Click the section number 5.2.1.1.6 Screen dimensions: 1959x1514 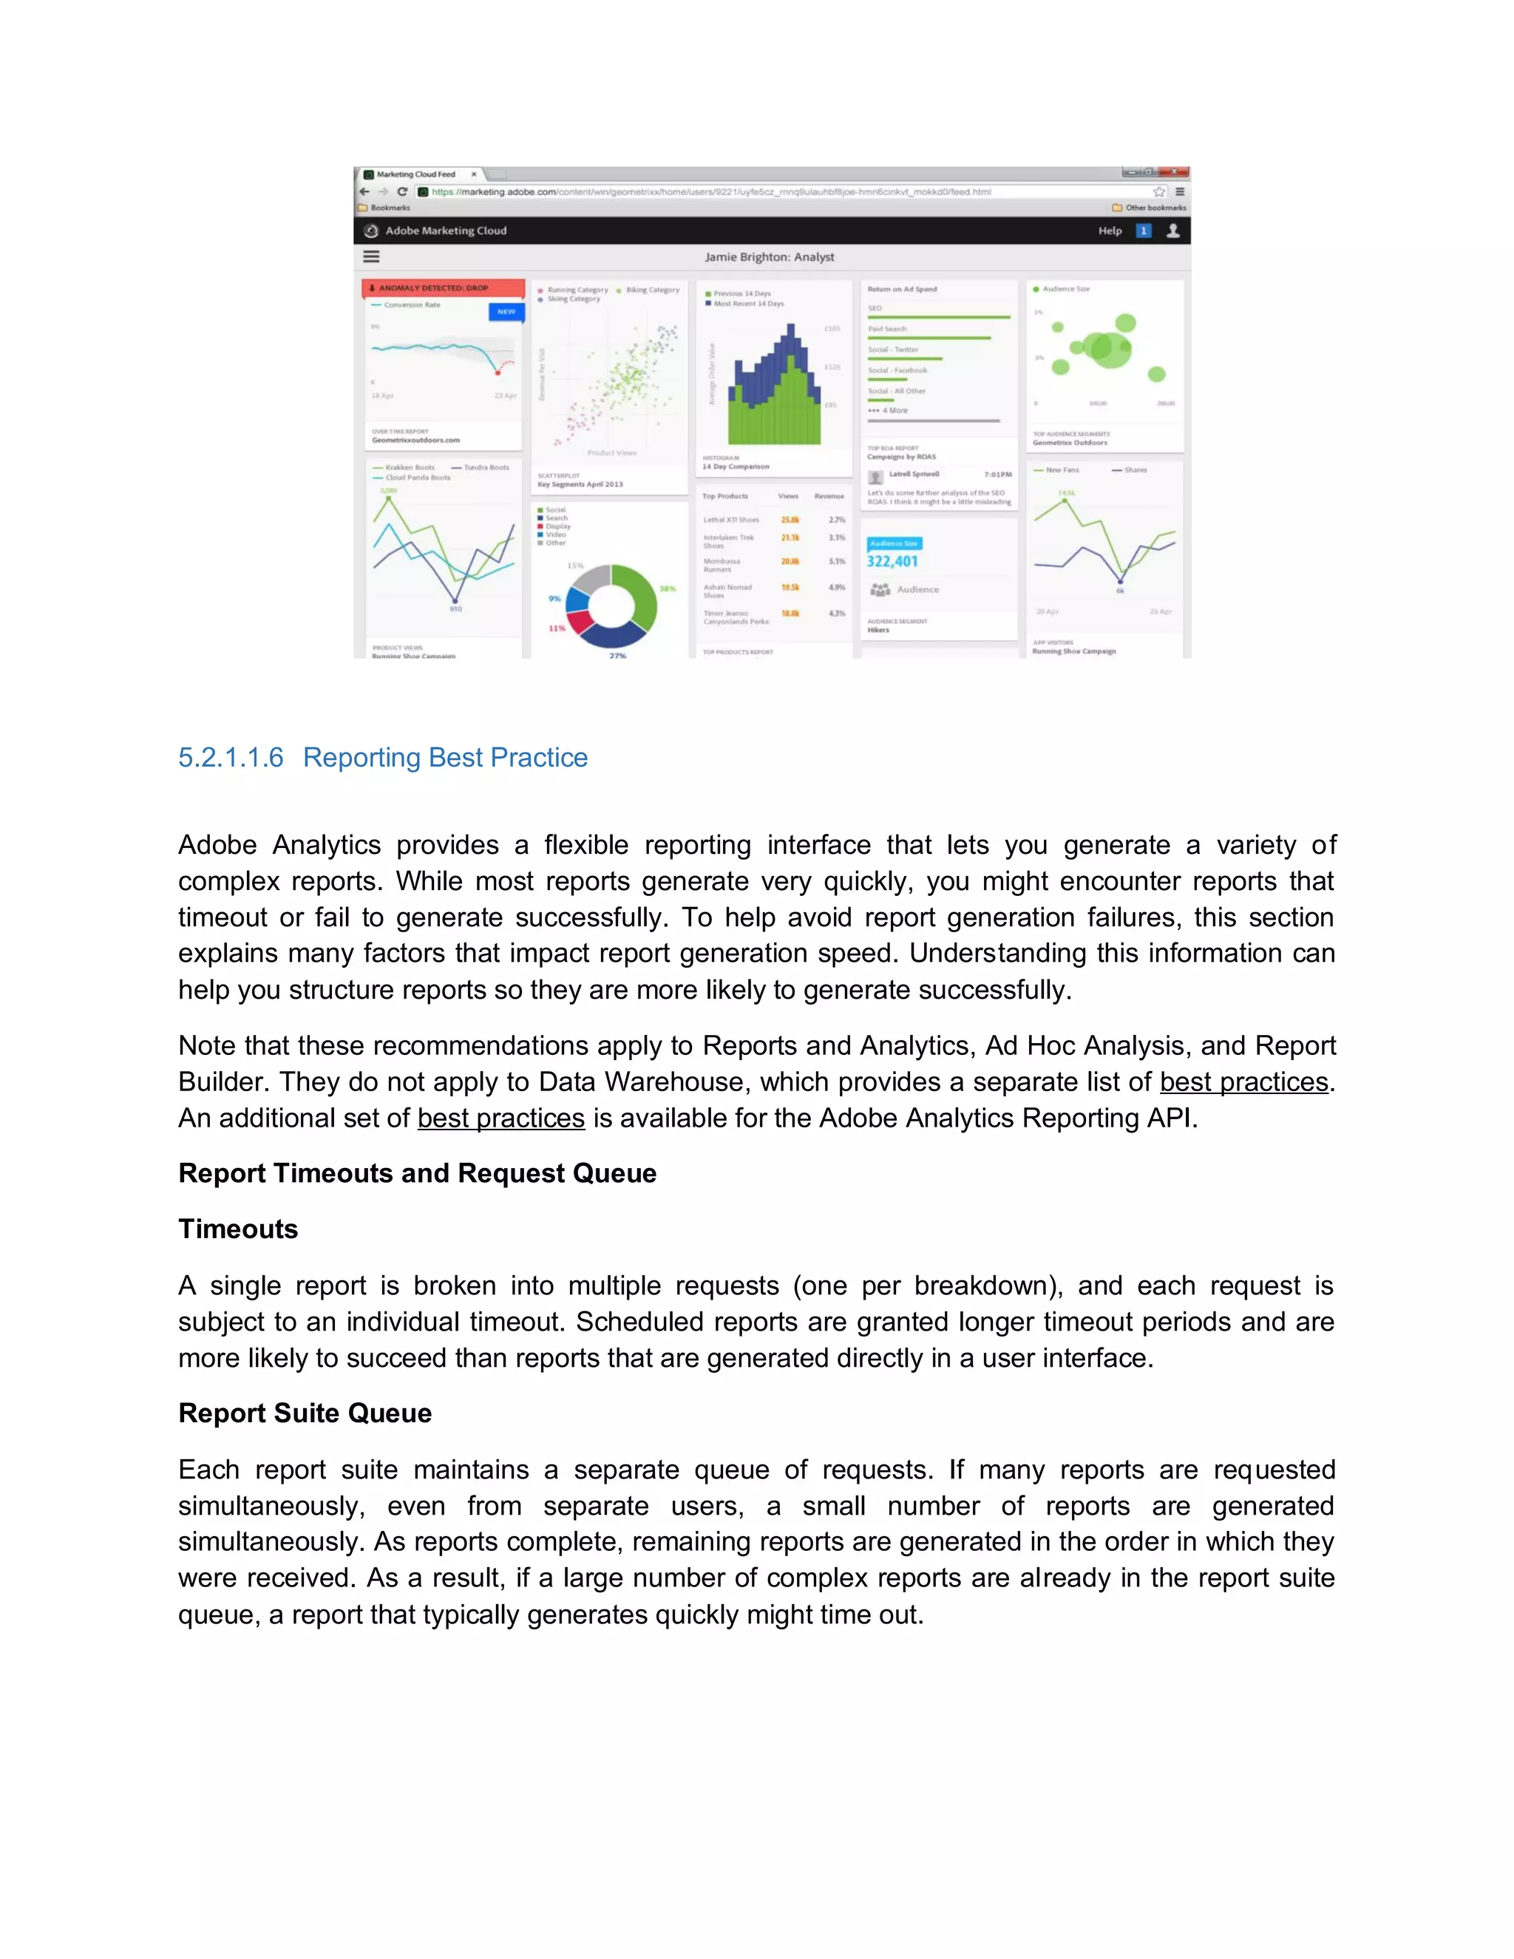click(x=231, y=758)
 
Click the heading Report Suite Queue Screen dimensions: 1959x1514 click(x=305, y=1413)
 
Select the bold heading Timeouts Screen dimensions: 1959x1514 click(x=238, y=1229)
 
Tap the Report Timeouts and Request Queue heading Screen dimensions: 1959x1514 click(x=417, y=1173)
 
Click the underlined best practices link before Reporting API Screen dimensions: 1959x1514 click(x=500, y=1118)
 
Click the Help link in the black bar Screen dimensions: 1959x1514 click(x=1110, y=231)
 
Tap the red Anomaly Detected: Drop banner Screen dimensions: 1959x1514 click(x=443, y=288)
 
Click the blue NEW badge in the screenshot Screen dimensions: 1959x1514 click(x=506, y=311)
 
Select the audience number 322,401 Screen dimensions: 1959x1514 click(x=892, y=562)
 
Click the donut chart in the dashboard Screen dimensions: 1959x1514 click(x=611, y=606)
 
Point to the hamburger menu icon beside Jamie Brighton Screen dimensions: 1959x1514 click(x=371, y=257)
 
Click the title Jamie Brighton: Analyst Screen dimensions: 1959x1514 click(x=769, y=257)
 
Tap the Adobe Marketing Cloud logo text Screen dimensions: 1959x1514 click(x=446, y=231)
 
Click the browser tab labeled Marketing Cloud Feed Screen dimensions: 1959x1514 click(x=416, y=174)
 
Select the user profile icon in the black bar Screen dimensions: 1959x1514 click(x=1172, y=231)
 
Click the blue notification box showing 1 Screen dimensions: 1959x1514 click(x=1143, y=231)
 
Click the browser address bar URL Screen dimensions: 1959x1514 click(x=708, y=192)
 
